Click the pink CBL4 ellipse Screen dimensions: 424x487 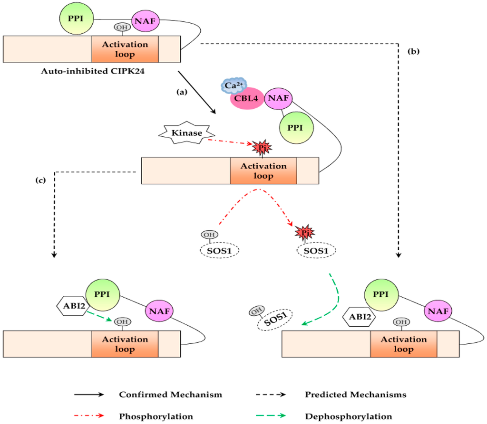click(x=246, y=100)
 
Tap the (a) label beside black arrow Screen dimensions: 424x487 click(x=182, y=93)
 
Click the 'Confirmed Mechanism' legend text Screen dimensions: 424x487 click(x=170, y=395)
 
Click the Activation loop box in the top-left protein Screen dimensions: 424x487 click(x=125, y=49)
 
